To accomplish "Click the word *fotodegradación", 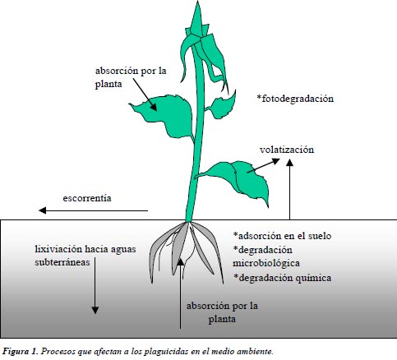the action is coord(295,99).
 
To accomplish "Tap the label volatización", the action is coord(287,150).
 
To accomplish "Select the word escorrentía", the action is coord(87,198).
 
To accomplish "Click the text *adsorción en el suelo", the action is coord(282,236).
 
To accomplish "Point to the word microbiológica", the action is coord(266,263).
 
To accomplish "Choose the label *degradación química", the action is coord(282,278).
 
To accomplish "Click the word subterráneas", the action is coord(62,262).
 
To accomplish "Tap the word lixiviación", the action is coord(58,249).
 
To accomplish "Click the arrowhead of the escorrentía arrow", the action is coord(43,210).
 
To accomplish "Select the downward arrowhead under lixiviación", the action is coord(95,310).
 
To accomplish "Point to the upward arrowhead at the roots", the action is coord(180,261).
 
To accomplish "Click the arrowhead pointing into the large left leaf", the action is coord(154,107).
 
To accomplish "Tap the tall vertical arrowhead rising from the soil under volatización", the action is coord(290,163).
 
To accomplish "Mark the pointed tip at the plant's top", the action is coord(197,2).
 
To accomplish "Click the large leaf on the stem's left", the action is coord(165,115).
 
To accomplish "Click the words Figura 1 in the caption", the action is coord(20,351).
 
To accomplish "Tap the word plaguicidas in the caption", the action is coord(162,352).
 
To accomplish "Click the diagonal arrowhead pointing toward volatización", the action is coord(275,161).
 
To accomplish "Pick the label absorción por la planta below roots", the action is coord(222,312).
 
